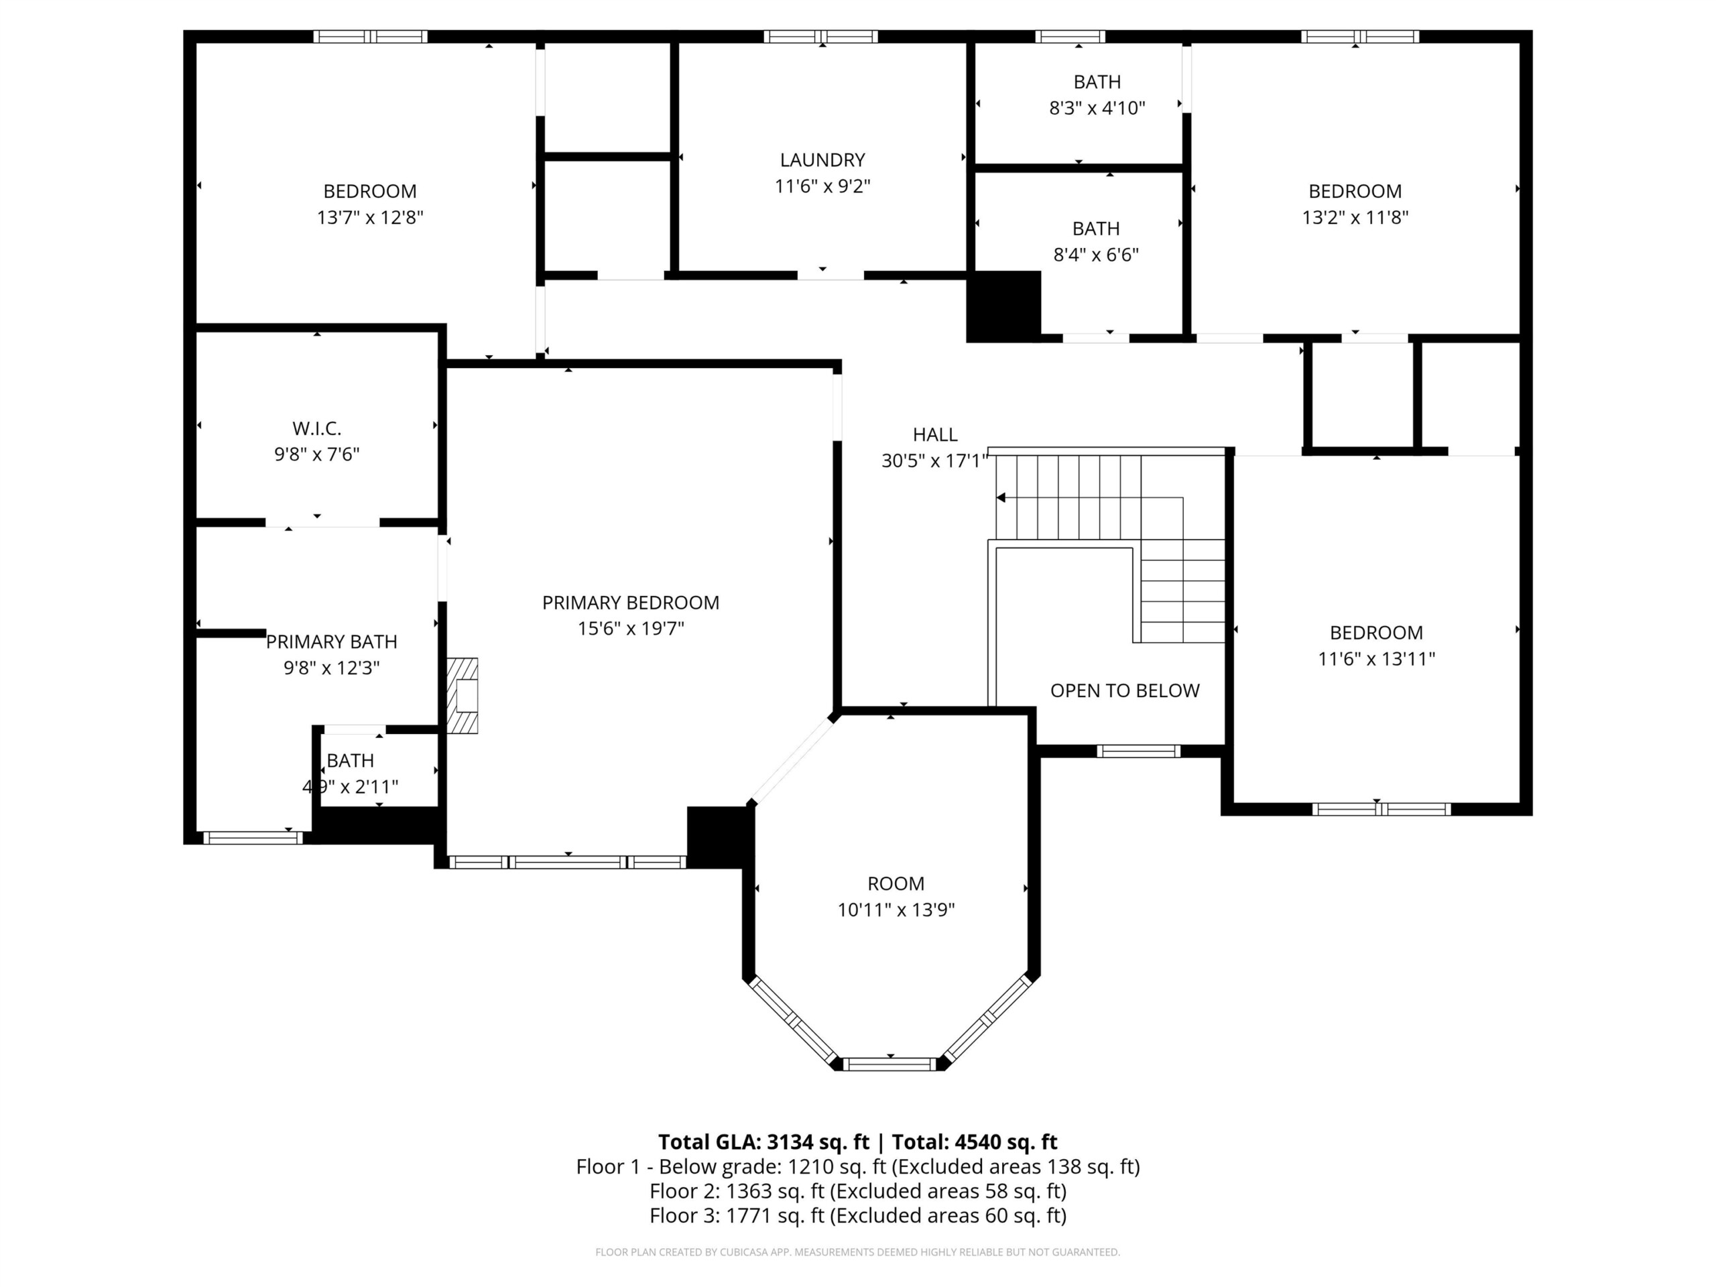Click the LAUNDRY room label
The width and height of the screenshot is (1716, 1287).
tap(822, 160)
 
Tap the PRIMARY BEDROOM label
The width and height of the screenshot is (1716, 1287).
tap(631, 603)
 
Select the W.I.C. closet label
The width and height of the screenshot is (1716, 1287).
tap(316, 428)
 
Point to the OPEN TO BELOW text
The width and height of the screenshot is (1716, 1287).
tap(1125, 690)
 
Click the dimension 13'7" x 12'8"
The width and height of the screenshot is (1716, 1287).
tap(370, 217)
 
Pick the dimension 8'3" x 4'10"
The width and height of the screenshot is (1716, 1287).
tap(1097, 108)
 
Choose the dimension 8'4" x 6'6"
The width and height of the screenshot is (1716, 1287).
tap(1096, 255)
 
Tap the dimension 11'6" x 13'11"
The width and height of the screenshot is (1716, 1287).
tap(1376, 659)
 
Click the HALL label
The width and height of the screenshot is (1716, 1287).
tap(935, 434)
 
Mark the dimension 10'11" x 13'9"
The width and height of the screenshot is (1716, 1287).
tap(896, 909)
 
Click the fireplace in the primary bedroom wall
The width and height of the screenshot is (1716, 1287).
tap(463, 696)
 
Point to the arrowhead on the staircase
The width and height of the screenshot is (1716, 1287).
tap(1001, 497)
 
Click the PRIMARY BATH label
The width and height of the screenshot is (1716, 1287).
tap(331, 641)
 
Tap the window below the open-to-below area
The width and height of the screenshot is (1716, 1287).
tap(1138, 751)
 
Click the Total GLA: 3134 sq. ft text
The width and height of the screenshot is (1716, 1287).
tap(763, 1142)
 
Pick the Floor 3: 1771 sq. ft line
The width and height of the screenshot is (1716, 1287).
tap(858, 1216)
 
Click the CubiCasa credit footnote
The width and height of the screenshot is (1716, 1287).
tap(858, 1252)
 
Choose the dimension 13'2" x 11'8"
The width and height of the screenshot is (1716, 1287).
tap(1355, 217)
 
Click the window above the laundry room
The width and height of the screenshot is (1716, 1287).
tap(820, 36)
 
